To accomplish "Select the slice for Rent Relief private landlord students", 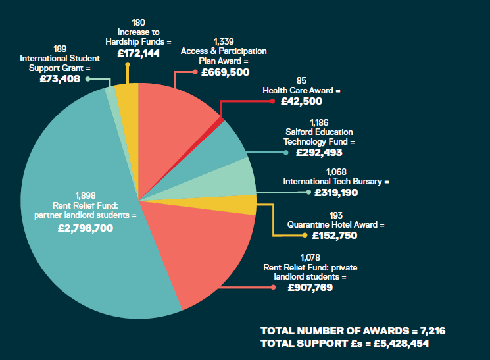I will tap(197, 250).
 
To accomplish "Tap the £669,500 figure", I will tap(226, 72).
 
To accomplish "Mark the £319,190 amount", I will tap(336, 193).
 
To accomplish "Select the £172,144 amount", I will tap(138, 53).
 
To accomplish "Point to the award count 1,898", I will tap(86, 195).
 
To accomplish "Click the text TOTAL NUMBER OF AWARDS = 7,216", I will tap(357, 330).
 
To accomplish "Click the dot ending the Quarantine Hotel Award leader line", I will tap(304, 235).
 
